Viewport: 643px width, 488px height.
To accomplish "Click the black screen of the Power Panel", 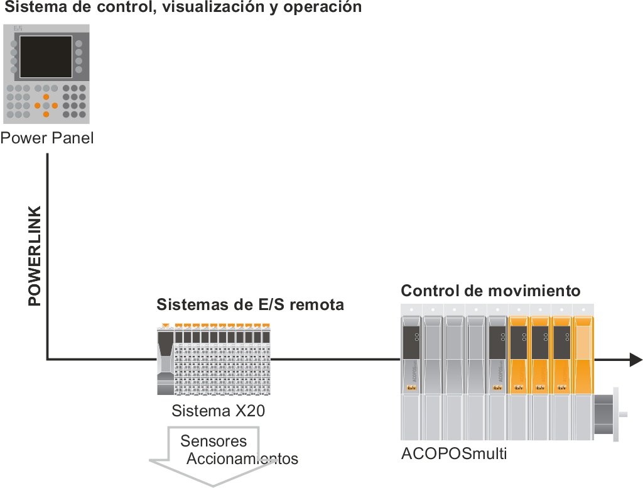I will tap(46, 57).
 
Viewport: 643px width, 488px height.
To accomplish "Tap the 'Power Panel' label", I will tap(47, 138).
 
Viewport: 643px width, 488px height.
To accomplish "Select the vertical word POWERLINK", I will tap(35, 255).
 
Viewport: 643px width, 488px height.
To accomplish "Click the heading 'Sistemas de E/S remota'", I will tap(250, 305).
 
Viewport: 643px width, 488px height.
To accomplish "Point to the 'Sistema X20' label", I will tap(218, 411).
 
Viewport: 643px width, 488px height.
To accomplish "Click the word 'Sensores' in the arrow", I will tap(213, 441).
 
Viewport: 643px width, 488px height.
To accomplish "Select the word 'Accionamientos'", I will tap(242, 458).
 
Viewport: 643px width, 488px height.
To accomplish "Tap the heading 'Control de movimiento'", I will tap(490, 291).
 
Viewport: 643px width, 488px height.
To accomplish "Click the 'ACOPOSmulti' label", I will tap(453, 453).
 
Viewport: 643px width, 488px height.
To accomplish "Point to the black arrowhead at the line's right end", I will tap(635, 360).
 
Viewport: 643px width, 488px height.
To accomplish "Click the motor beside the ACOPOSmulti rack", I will tap(607, 414).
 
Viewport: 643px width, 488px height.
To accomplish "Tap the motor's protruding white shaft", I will tap(625, 414).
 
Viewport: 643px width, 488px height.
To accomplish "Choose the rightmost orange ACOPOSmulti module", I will tap(583, 352).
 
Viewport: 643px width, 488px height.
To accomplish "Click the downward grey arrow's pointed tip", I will tap(213, 485).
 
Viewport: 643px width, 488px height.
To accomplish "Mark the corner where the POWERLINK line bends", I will tap(47, 360).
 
